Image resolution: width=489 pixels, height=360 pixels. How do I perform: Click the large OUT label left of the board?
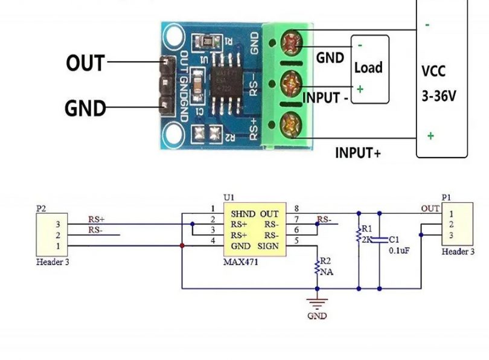click(85, 63)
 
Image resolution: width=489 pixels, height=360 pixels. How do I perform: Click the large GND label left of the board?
click(85, 109)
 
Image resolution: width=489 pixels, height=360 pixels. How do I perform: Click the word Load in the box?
click(368, 67)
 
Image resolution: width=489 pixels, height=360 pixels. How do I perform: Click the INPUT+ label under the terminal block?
click(358, 153)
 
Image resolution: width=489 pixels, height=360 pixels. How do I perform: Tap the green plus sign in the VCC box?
click(430, 136)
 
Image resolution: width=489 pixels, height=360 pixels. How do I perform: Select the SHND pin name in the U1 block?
click(244, 214)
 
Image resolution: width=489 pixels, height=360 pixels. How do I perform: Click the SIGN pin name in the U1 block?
click(268, 246)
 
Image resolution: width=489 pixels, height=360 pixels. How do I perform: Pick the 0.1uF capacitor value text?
click(399, 250)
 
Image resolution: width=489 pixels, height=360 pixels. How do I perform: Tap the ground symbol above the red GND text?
click(318, 302)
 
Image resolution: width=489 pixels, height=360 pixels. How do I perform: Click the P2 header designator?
click(40, 208)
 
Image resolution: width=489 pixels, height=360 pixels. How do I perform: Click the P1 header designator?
click(446, 198)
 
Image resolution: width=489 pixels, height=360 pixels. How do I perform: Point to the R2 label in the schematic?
click(325, 261)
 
